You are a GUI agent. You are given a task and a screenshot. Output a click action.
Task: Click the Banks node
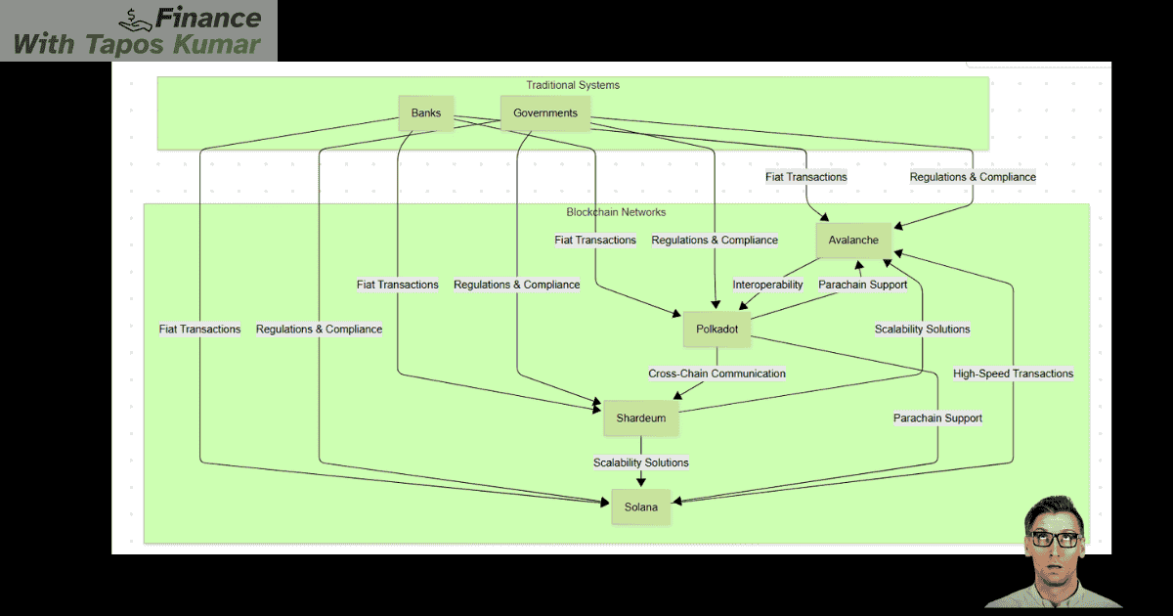coord(426,113)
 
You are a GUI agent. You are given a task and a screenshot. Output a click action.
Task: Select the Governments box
coord(545,113)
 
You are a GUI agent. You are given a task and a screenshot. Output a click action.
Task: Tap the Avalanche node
coord(854,241)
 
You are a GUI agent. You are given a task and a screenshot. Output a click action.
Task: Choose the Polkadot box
coord(717,330)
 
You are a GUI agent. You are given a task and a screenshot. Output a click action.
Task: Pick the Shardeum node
coord(641,418)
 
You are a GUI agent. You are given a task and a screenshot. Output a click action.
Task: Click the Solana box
coord(641,506)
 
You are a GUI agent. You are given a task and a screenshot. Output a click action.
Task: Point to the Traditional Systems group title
coord(573,85)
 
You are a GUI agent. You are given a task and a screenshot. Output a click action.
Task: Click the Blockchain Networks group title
coord(616,212)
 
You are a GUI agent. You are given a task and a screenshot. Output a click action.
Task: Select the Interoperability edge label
coord(768,285)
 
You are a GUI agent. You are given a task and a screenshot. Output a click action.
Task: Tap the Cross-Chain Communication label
coord(717,374)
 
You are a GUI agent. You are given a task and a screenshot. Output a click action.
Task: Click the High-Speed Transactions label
coord(1013,374)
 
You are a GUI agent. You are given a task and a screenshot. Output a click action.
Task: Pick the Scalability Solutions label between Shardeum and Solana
coord(641,462)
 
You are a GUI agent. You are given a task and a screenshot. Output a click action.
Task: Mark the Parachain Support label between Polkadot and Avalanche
coord(862,285)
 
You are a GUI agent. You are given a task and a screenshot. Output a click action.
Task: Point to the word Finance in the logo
coord(209,19)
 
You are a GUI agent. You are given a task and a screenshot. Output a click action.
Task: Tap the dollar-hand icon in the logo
coord(136,17)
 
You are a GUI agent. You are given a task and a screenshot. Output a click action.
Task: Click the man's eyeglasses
coord(1055,539)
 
